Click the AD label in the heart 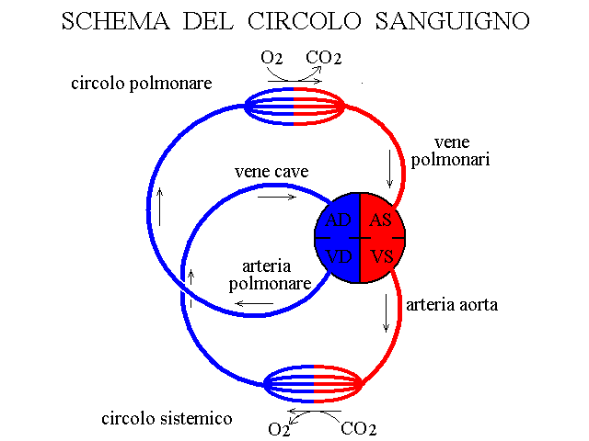(x=338, y=220)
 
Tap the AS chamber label (x=380, y=220)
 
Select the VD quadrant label (x=339, y=257)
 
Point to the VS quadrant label (x=382, y=257)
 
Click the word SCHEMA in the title (x=116, y=21)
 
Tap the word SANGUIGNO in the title (x=452, y=21)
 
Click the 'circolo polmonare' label (x=142, y=84)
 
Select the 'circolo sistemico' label (x=167, y=419)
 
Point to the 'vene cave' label (x=271, y=172)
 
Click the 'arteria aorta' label (x=452, y=304)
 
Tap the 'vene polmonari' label (x=450, y=151)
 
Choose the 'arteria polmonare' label (x=270, y=276)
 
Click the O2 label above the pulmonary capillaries (x=271, y=58)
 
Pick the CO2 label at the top (x=323, y=58)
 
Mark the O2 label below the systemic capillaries (x=279, y=429)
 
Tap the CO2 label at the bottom (x=358, y=429)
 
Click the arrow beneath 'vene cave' (x=277, y=197)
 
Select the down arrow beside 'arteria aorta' (x=386, y=313)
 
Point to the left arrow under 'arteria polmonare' (x=254, y=303)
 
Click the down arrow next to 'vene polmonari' (x=389, y=169)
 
